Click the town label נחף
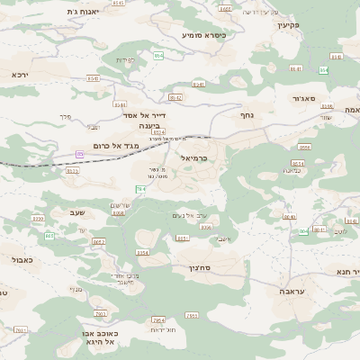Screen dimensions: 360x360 click(x=247, y=115)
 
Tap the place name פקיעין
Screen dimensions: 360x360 click(x=287, y=24)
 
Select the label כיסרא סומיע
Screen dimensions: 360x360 click(x=204, y=35)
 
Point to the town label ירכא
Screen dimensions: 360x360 click(x=20, y=75)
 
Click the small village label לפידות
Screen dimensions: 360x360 click(x=126, y=60)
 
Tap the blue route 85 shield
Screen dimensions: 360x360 click(x=79, y=155)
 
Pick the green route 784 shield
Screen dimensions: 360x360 click(x=140, y=189)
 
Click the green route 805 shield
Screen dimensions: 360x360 click(x=49, y=236)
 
